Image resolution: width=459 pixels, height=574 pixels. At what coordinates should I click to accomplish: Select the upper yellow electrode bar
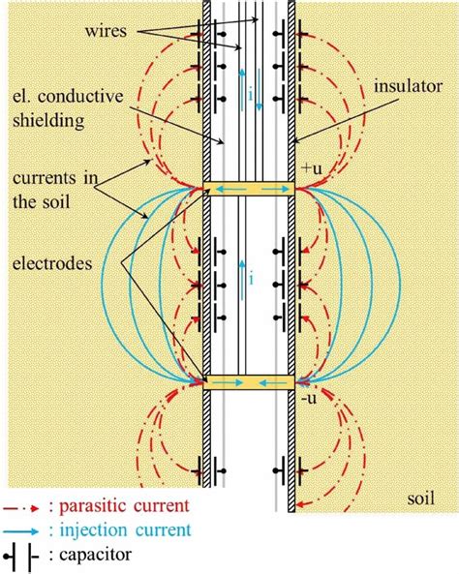(249, 190)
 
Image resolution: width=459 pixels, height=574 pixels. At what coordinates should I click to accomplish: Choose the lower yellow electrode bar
(249, 383)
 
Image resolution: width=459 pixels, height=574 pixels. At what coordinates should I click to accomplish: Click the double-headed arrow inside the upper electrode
(249, 190)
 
